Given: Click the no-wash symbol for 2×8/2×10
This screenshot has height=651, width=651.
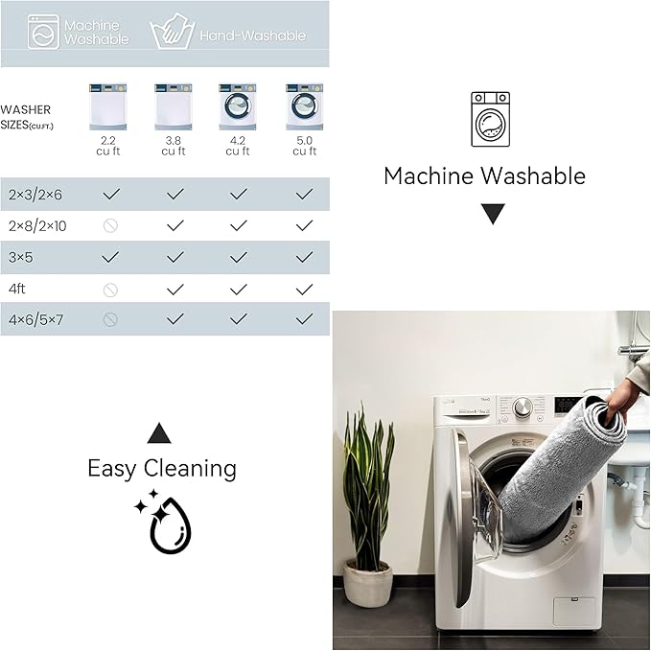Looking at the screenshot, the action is pyautogui.click(x=110, y=226).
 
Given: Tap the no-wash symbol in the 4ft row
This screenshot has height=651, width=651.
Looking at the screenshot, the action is pyautogui.click(x=110, y=290).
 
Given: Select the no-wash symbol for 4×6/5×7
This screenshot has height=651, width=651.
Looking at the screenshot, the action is pyautogui.click(x=110, y=319).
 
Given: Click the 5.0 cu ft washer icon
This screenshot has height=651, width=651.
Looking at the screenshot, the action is pyautogui.click(x=304, y=106).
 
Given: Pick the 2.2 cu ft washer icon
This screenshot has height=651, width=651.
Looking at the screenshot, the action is pyautogui.click(x=108, y=106).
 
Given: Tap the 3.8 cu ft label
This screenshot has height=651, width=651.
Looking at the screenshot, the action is pyautogui.click(x=174, y=146).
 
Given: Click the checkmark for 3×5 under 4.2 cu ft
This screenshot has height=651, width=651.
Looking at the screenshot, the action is pyautogui.click(x=239, y=257).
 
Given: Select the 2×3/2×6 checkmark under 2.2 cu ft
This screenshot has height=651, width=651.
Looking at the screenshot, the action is pyautogui.click(x=111, y=194).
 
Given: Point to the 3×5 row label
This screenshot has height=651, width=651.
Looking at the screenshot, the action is pyautogui.click(x=21, y=257).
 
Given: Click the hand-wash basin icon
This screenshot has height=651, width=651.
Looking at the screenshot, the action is pyautogui.click(x=173, y=32).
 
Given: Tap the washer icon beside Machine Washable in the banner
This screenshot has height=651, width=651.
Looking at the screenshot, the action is pyautogui.click(x=43, y=32).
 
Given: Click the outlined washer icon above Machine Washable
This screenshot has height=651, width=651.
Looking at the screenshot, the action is pyautogui.click(x=490, y=119).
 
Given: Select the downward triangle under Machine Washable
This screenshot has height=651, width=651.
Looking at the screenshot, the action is pyautogui.click(x=493, y=214).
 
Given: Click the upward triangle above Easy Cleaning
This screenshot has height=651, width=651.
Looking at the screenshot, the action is pyautogui.click(x=159, y=433).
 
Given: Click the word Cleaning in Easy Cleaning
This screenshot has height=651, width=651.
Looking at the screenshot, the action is pyautogui.click(x=190, y=469).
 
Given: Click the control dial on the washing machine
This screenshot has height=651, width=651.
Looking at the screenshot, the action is pyautogui.click(x=523, y=407).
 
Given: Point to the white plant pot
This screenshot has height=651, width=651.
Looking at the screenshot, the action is pyautogui.click(x=368, y=583).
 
